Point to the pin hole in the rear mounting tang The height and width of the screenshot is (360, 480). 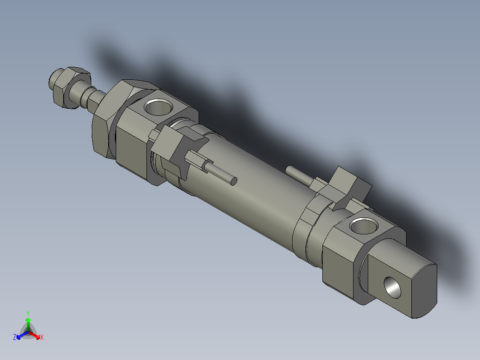[x=393, y=287]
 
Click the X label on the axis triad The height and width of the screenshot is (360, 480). [x=42, y=338]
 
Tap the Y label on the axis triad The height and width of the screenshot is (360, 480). [x=28, y=313]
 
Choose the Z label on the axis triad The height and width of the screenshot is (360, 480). [x=15, y=338]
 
